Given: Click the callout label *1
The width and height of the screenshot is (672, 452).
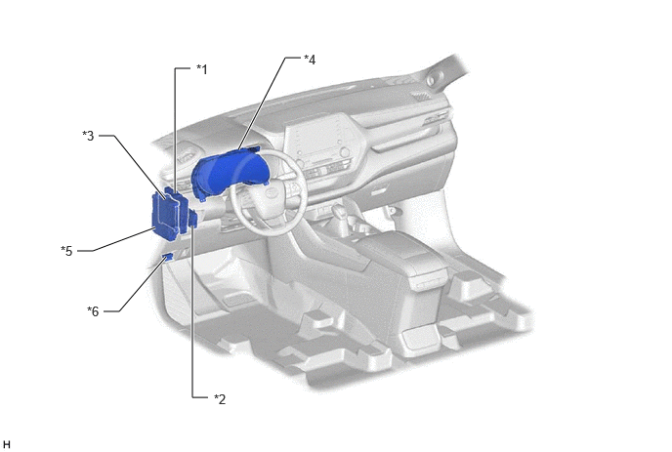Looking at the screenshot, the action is coord(201,69).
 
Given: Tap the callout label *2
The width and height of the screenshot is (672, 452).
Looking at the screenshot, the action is coord(220,399).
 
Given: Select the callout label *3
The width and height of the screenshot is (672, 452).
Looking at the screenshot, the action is coord(88,136).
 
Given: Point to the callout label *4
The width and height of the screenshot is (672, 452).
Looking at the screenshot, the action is coord(310,60).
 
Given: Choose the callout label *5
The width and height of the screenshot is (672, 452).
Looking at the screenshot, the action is coord(66,251).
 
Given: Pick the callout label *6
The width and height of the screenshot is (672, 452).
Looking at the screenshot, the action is coord(93,311).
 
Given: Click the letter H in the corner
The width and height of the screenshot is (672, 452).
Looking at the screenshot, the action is coord(6,445).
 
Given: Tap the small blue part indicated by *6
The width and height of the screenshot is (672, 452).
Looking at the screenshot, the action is coord(168,257).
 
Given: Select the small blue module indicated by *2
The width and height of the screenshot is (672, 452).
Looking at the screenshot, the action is coord(193,219).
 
